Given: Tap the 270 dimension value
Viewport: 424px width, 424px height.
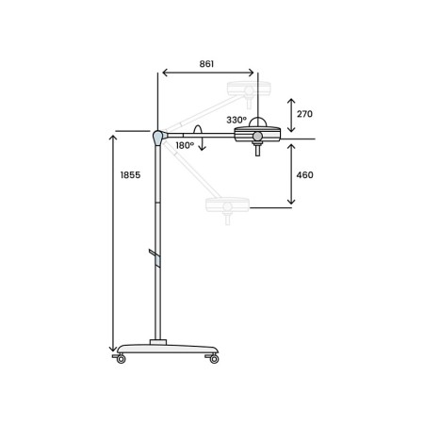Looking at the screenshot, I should click(x=303, y=114).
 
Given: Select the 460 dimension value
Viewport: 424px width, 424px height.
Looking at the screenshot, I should click(x=303, y=174).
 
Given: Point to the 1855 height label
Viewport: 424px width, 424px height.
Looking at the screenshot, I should click(x=130, y=176).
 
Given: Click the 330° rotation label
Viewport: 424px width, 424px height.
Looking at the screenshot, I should click(x=236, y=120).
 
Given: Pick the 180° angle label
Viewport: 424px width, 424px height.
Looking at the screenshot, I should click(x=184, y=145).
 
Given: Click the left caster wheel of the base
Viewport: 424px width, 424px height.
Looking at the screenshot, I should click(x=119, y=358).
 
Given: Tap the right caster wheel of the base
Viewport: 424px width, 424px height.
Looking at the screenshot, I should click(x=214, y=358).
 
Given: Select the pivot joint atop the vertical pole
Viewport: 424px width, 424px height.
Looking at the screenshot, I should click(x=156, y=138).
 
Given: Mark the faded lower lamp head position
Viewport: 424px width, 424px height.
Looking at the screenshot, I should click(x=227, y=204).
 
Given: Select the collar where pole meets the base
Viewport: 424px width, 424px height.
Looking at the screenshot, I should click(x=158, y=340).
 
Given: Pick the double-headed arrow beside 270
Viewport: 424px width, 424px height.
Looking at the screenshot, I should click(x=291, y=114).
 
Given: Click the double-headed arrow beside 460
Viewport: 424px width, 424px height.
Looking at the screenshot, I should click(x=291, y=174).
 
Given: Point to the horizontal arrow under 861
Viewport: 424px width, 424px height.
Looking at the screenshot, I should click(x=207, y=73).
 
